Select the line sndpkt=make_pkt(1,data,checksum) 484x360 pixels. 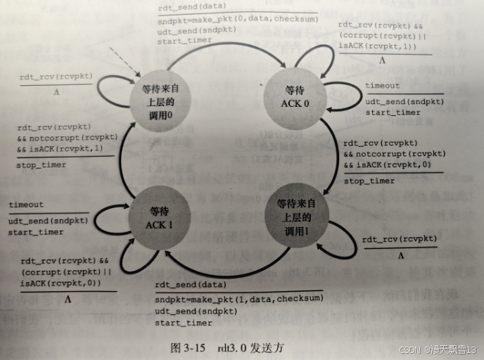[239, 299]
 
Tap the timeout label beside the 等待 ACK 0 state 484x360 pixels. [382, 86]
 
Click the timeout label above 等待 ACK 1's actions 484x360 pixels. [26, 205]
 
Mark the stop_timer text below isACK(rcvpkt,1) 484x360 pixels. [42, 165]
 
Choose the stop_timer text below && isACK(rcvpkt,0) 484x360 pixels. [369, 181]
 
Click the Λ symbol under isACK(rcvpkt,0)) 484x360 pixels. [68, 298]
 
